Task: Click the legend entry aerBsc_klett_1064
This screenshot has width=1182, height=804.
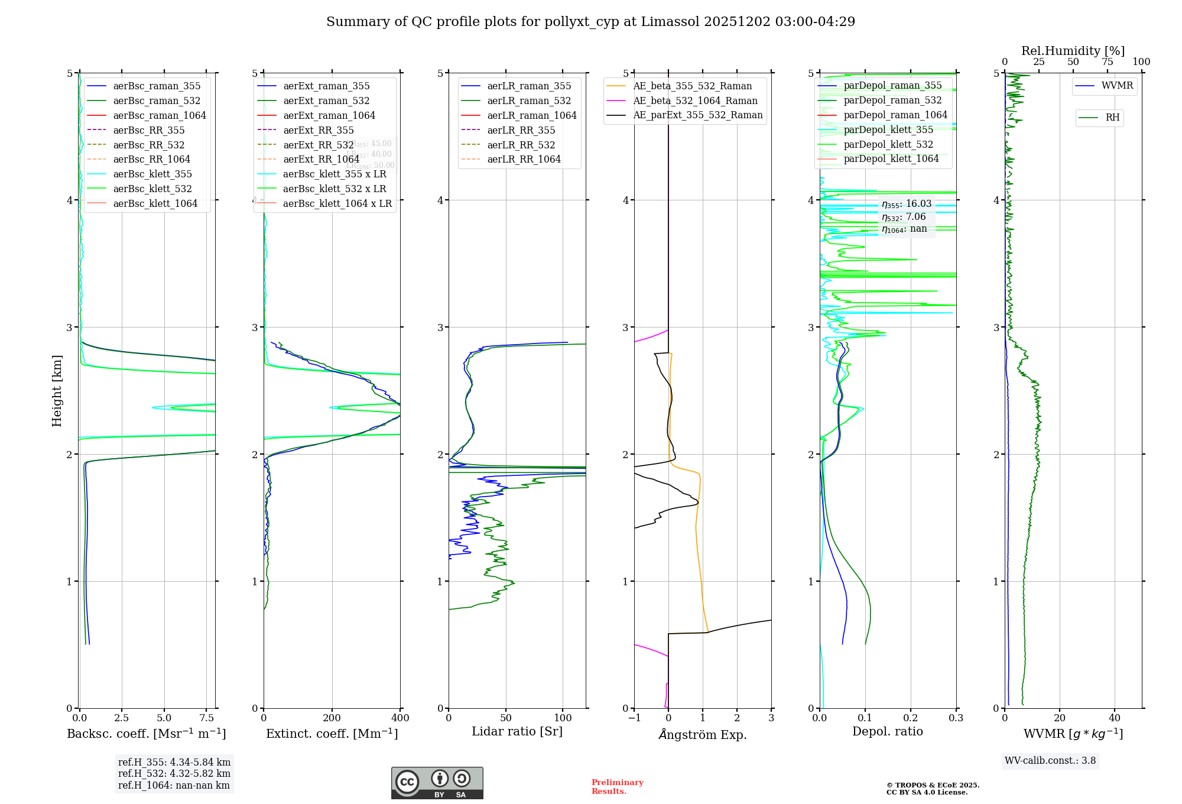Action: [155, 203]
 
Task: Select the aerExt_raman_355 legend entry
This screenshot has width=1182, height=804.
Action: [326, 86]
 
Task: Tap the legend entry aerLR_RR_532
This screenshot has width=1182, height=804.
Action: [521, 145]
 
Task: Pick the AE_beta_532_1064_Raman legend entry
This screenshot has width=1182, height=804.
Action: [695, 100]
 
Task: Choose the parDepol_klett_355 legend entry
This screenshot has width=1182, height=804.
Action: [888, 129]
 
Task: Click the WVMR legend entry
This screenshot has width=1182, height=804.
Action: [1117, 86]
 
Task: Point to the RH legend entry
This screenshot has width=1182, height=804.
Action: [1112, 118]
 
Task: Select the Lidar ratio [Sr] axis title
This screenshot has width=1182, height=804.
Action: [517, 731]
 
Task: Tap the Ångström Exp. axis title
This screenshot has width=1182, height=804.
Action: [703, 734]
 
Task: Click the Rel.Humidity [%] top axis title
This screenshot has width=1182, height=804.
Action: [1073, 51]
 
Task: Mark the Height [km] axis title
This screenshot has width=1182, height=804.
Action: [57, 391]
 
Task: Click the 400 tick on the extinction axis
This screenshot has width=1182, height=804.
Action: [400, 718]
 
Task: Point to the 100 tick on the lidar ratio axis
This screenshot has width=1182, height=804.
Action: [563, 718]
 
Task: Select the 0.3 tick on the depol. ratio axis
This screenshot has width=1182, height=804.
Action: [956, 718]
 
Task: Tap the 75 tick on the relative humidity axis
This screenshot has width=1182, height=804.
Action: [1108, 62]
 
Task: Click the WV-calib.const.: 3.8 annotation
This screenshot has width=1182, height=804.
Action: [1050, 761]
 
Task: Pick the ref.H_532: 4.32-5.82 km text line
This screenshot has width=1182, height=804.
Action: [174, 773]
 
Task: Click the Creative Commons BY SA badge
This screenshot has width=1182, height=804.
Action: [437, 783]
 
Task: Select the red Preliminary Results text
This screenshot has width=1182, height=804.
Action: [617, 786]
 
